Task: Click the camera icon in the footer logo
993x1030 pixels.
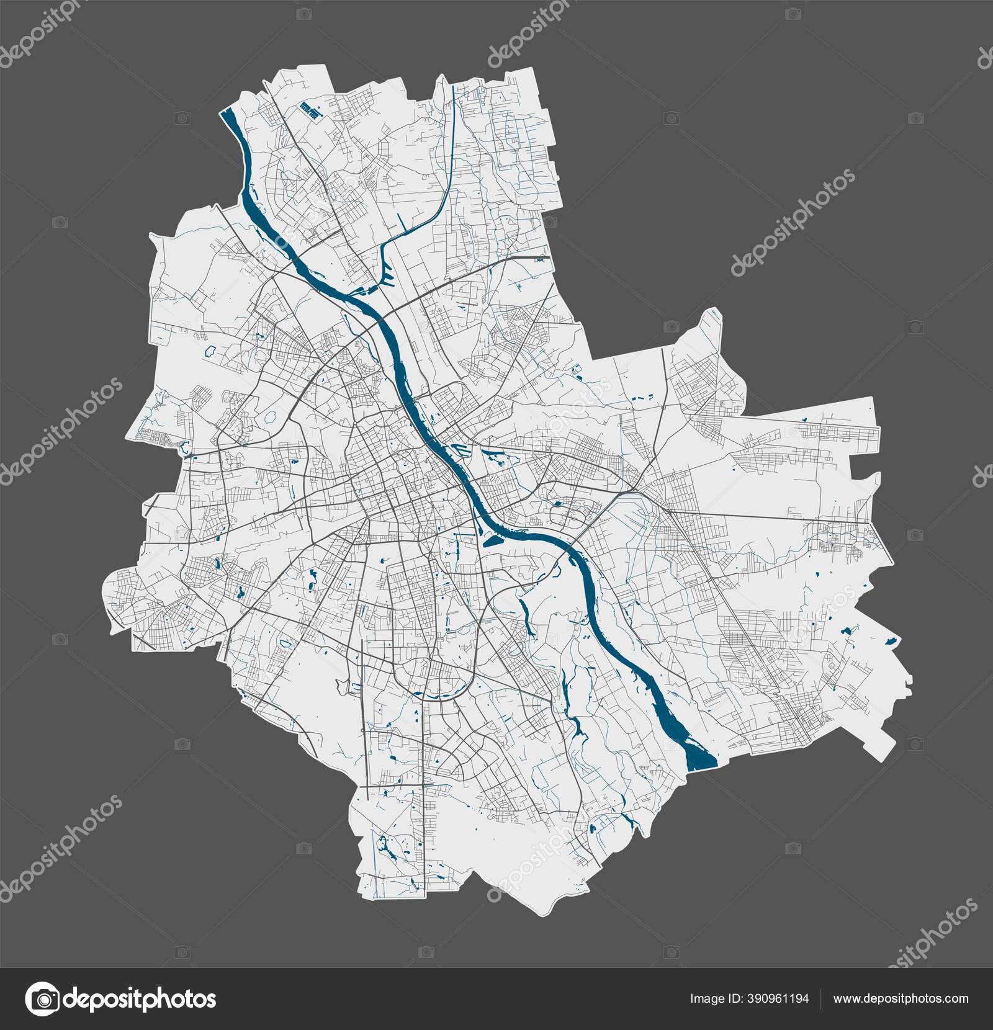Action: [x=44, y=998]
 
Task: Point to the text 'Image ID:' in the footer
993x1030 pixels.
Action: [x=714, y=998]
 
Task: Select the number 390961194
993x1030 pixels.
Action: [x=773, y=998]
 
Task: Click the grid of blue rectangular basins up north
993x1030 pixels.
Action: [x=310, y=110]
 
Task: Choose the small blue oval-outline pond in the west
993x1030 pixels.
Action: [x=211, y=351]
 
